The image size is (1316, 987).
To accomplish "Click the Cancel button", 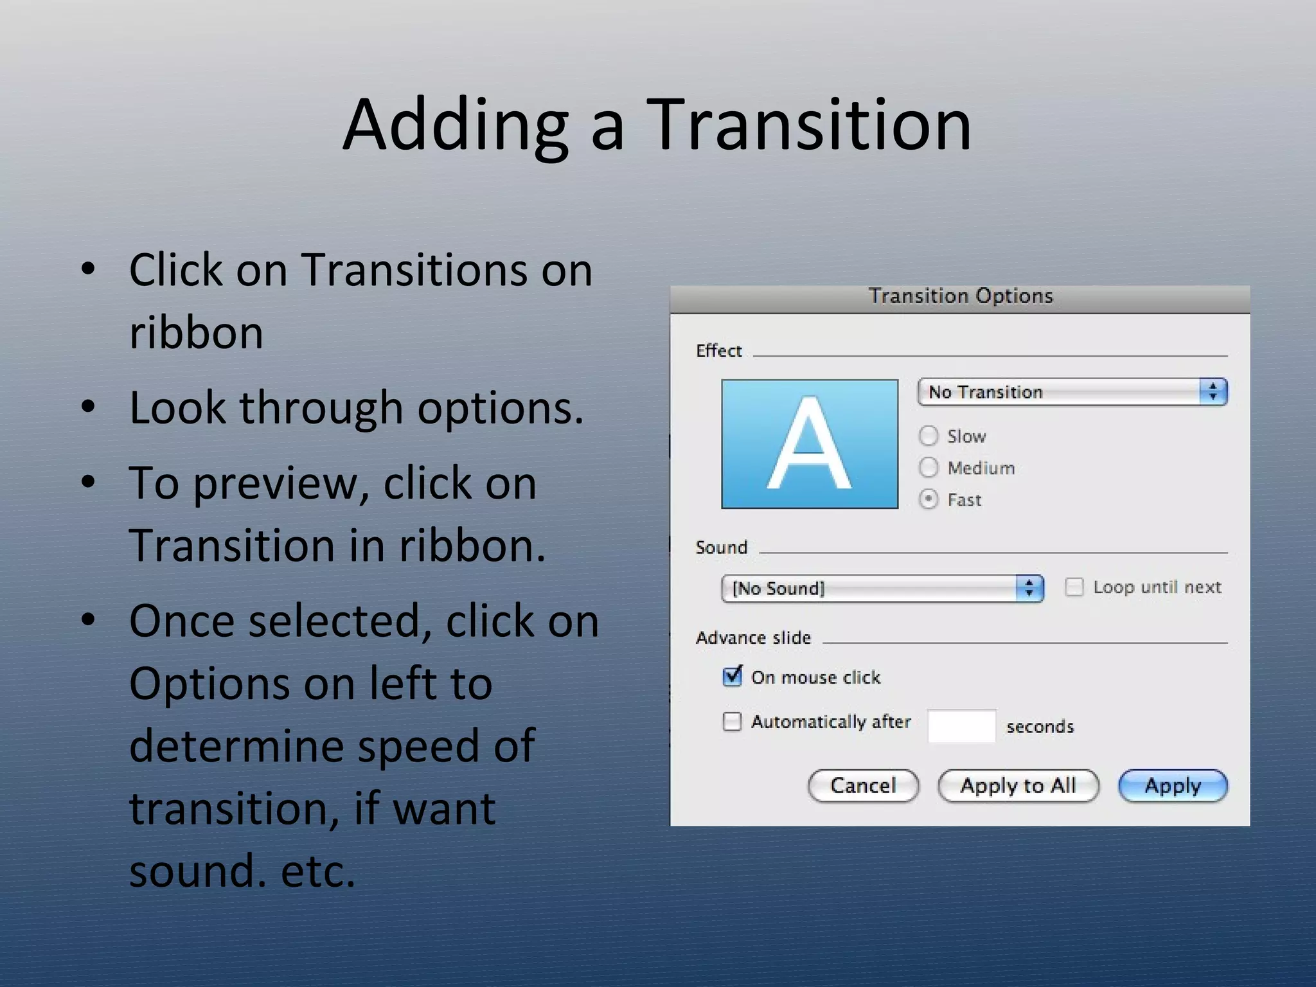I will pos(863,785).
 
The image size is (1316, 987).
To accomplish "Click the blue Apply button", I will pos(1173,785).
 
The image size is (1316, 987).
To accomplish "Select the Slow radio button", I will pos(929,436).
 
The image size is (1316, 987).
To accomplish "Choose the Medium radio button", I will pos(929,467).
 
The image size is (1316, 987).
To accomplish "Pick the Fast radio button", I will pos(929,499).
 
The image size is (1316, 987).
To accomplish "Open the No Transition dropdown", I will pos(1072,392).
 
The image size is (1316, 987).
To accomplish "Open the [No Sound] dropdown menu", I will pos(882,588).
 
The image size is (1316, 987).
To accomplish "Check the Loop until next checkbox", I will pos(1074,587).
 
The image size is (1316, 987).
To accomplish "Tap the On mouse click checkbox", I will pos(732,677).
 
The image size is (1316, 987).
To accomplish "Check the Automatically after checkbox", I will pos(732,722).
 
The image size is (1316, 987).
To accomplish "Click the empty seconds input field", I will pos(961,726).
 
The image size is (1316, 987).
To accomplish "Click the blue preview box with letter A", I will pos(810,444).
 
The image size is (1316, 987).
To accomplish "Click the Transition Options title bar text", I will pos(961,296).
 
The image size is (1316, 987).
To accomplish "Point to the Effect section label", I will pos(718,351).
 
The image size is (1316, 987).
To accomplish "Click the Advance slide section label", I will pos(753,637).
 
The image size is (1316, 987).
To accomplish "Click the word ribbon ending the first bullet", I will pos(196,332).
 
